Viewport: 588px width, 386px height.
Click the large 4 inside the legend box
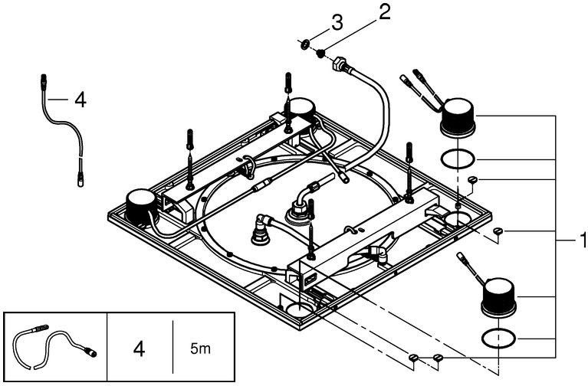click(x=138, y=349)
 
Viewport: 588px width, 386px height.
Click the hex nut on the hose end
click(x=337, y=64)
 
